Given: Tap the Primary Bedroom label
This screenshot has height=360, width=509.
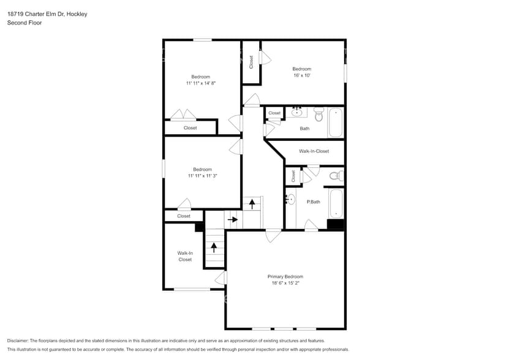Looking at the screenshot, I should pos(285,277).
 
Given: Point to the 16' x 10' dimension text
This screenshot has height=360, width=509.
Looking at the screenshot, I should pos(301,76).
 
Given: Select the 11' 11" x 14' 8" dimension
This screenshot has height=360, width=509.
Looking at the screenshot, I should pos(201,83).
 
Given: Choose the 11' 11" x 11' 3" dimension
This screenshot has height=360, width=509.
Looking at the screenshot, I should pos(202,176).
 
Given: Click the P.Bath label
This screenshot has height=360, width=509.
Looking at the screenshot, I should pos(313,202).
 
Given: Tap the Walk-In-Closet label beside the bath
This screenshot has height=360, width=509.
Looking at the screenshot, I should pos(314,151).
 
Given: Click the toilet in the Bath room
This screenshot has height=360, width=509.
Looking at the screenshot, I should pos(319,114).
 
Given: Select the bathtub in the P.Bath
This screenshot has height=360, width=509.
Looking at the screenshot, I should pos(336,204).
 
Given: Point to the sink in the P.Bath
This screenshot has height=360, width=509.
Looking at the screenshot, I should pos(290,200).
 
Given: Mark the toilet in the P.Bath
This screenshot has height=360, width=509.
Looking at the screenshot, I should pos(335,176).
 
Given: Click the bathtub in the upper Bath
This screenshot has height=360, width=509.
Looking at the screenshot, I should pos(336,122).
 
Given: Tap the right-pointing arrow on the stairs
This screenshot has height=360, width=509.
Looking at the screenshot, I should pos(232,219).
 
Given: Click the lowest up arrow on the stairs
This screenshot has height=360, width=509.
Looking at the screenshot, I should pos(214,247).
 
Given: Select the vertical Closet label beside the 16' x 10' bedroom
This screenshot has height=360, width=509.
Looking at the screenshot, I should pos(251,61).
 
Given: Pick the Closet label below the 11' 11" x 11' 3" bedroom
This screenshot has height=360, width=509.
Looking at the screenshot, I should pos(184,216).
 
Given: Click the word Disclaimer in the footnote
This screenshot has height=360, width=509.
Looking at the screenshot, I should pos(19,340).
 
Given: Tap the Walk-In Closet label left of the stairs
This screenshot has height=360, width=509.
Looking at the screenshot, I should pos(185,256).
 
